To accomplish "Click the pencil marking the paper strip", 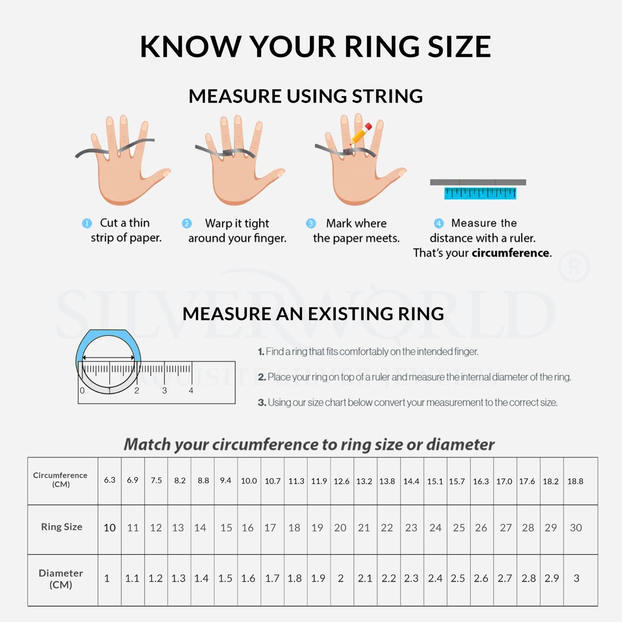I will (361, 134).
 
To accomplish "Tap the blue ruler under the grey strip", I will (480, 193).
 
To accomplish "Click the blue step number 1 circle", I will (87, 223).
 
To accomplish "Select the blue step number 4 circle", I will (439, 223).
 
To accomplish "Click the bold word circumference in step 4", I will (511, 253).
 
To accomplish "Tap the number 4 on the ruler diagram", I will (191, 390).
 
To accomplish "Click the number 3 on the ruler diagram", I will (164, 390).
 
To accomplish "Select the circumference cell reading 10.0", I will (249, 481).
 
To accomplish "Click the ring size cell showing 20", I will (340, 528).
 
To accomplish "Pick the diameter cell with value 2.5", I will (458, 578).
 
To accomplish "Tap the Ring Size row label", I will (62, 527).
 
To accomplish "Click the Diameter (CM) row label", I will (61, 579).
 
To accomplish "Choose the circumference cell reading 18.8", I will (575, 481).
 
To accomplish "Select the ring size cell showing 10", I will (109, 528).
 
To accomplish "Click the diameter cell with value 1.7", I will (272, 578).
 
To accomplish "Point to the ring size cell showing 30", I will (576, 528).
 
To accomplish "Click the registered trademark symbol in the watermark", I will (573, 267).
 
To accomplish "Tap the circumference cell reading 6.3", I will (109, 480).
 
